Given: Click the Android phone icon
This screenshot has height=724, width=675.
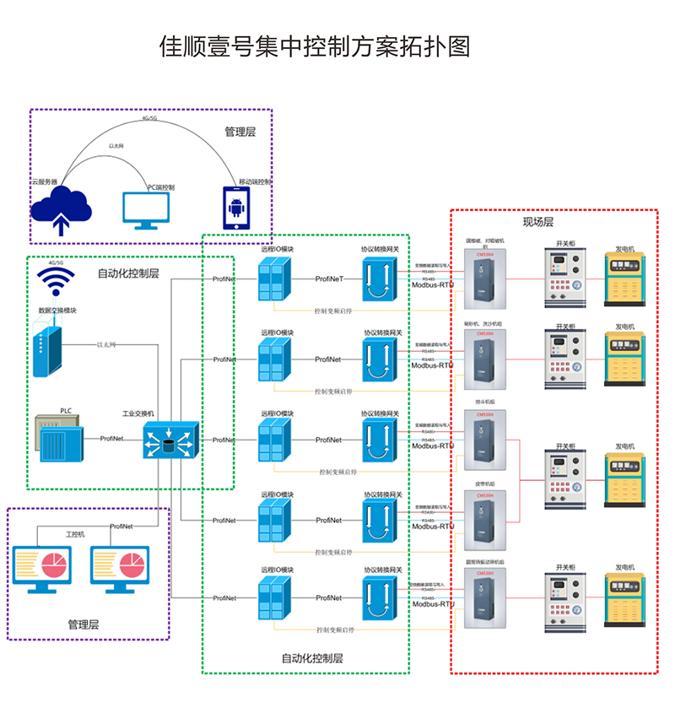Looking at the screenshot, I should click(235, 207).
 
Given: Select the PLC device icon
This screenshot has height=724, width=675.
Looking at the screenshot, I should click(60, 439).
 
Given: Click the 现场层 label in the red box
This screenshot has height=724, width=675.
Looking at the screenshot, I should click(537, 222).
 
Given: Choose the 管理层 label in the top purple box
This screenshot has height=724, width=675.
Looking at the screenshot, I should click(240, 132).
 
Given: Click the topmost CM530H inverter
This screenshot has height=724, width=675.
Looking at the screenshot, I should click(485, 278).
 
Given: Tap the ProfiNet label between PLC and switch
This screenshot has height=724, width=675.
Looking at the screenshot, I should click(111, 439).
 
